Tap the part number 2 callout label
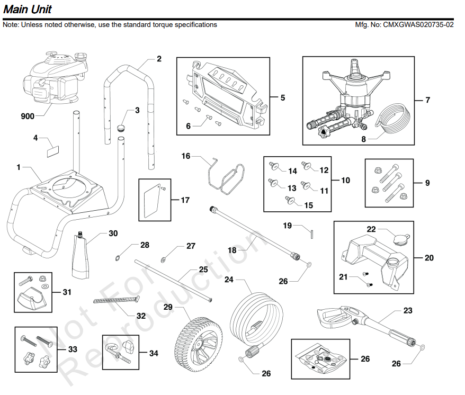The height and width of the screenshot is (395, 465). [159, 59]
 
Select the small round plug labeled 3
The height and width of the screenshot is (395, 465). [121, 128]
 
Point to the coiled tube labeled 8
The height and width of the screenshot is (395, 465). [392, 119]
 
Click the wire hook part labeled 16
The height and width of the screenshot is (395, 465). [225, 174]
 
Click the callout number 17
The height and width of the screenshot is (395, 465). [185, 200]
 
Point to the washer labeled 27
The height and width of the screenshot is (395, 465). [164, 259]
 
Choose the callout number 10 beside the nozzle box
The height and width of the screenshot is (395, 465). [345, 181]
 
